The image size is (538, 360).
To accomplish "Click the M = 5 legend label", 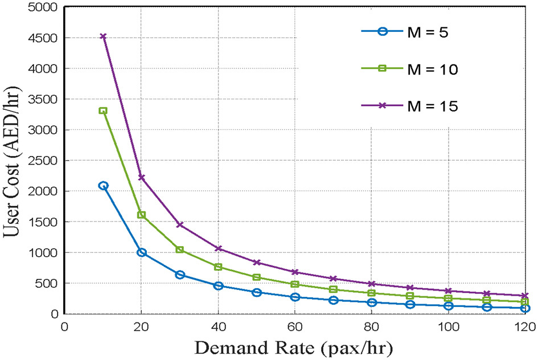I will click(x=427, y=32).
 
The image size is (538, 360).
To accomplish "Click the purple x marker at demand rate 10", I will click(x=103, y=36).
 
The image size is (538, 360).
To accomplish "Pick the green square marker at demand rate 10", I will click(x=103, y=111).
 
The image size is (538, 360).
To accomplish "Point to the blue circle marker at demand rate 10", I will click(x=103, y=185).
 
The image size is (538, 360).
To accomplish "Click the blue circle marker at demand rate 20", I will click(x=142, y=252).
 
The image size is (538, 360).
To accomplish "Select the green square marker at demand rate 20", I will click(x=142, y=215).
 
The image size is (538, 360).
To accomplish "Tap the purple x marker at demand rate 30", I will click(x=180, y=224).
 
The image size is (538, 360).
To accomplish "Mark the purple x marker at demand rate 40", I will click(x=219, y=248).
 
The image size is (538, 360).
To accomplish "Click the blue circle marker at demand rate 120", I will click(x=525, y=308).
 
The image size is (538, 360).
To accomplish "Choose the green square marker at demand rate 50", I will click(x=257, y=277).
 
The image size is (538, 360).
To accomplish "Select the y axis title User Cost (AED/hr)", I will click(x=13, y=159).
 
